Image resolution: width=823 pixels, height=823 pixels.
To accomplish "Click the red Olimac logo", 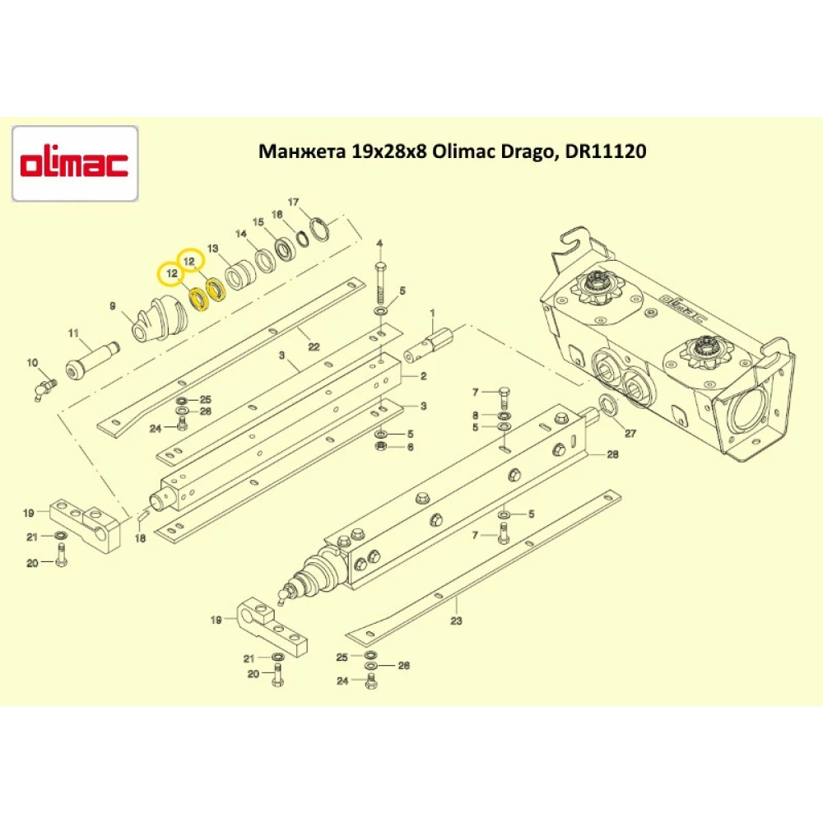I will (x=74, y=164).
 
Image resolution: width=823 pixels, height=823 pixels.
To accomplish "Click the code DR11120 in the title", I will (x=606, y=152).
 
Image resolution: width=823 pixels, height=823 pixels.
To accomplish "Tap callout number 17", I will (x=293, y=202).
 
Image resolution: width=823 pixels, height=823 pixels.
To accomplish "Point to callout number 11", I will (x=72, y=333).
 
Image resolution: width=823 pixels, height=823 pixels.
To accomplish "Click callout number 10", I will (x=33, y=363).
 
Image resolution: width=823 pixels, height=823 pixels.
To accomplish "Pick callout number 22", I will (x=313, y=346).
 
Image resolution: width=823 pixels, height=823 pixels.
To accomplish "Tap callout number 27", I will (x=630, y=433).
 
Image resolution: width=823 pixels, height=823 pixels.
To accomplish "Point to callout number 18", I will (x=140, y=538).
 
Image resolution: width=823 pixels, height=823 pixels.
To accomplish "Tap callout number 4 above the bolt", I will (x=379, y=244).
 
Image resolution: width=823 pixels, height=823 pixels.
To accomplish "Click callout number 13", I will (x=212, y=248).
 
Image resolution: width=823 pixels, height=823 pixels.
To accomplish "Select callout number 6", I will (x=410, y=447).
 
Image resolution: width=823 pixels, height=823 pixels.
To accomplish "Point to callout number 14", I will (x=241, y=234).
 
